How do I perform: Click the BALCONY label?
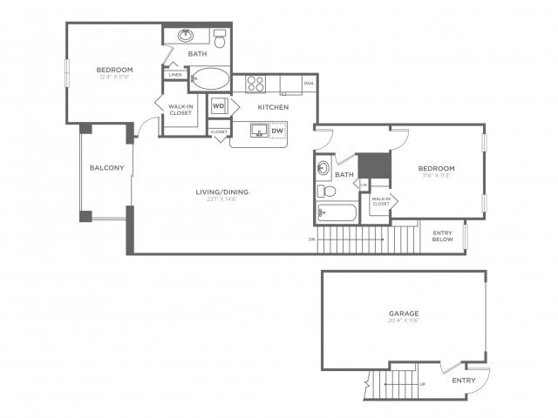pos(106,168)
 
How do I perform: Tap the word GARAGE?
pos(404,313)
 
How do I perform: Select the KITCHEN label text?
pos(273,107)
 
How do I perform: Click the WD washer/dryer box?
pos(219,106)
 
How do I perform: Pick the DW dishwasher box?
pos(278,131)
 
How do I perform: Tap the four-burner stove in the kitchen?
pos(255,84)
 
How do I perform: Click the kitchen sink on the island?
pos(259,131)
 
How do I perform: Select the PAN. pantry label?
pos(309,84)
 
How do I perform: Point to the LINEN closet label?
pos(175,75)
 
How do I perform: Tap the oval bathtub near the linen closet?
pos(209,80)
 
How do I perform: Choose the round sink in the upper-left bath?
pos(186,37)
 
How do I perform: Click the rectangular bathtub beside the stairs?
pos(337,212)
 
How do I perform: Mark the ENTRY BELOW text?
pos(443,236)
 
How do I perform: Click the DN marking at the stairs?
pos(311,239)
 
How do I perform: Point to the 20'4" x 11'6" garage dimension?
pos(404,320)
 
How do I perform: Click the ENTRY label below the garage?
pos(464,381)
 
